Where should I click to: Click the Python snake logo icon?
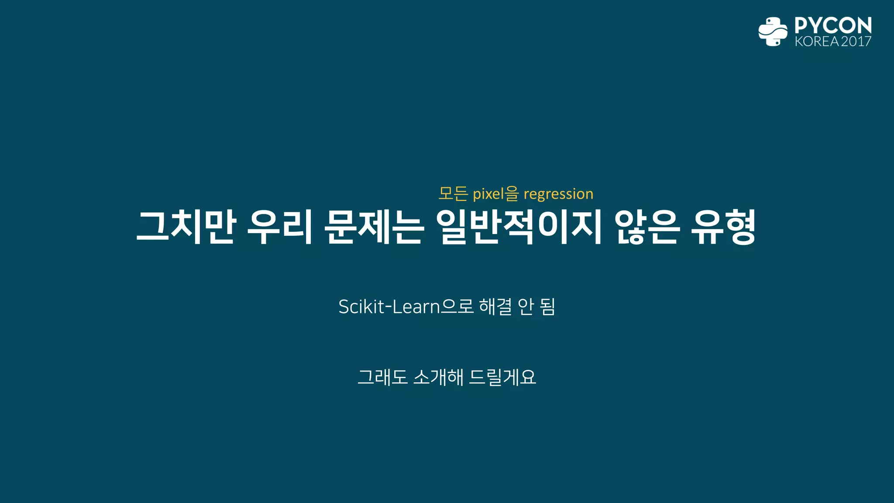pos(773,31)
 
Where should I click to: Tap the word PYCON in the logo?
pos(833,25)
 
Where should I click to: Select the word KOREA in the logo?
pos(817,41)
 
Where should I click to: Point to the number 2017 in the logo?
pos(856,41)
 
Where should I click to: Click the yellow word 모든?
pos(453,193)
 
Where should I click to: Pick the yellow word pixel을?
pos(496,193)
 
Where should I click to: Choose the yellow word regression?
pos(558,193)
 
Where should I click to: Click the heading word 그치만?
pos(186,227)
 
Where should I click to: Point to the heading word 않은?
pos(647,227)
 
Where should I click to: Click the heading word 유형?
pos(724,227)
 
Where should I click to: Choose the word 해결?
pos(495,307)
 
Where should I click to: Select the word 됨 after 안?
pos(547,307)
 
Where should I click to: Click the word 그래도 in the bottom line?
pos(382,377)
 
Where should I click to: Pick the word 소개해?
pos(438,377)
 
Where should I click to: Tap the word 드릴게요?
pos(502,377)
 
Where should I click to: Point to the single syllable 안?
pos(526,307)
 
